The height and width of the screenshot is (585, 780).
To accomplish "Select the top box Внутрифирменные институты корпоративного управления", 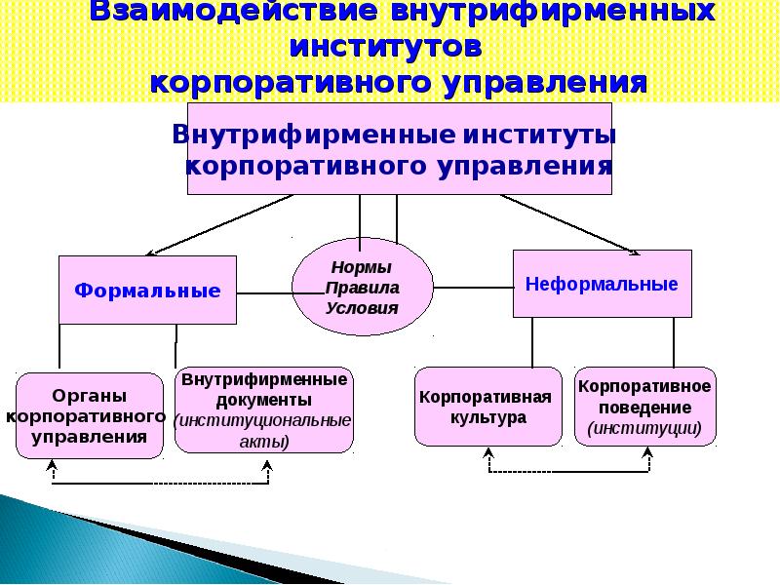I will tap(400, 148).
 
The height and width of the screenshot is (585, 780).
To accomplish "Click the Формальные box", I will tap(147, 291).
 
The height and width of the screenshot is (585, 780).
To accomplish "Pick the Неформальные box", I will tap(602, 284).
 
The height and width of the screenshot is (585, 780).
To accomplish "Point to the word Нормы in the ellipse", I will tap(362, 268).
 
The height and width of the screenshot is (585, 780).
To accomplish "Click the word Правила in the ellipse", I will tap(362, 288).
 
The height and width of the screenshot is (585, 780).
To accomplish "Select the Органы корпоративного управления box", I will tap(89, 415).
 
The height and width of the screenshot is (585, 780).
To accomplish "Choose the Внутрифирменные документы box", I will tap(264, 409).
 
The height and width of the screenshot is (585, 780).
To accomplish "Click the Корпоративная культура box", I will tap(487, 407).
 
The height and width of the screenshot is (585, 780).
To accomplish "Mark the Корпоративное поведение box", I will tap(644, 407).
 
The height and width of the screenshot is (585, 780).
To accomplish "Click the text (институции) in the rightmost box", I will tap(644, 427).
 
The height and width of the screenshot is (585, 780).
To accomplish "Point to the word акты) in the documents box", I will tap(264, 441).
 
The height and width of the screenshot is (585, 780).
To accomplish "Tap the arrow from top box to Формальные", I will tap(224, 224).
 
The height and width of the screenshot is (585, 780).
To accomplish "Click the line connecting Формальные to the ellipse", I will tap(265, 292).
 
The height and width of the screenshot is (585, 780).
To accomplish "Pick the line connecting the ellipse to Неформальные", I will tap(472, 288).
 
